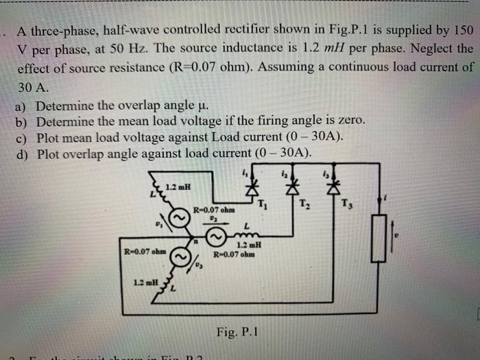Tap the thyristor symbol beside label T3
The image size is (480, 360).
tap(335, 185)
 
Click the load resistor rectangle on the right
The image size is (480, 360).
tap(379, 238)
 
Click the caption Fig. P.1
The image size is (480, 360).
tap(237, 332)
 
